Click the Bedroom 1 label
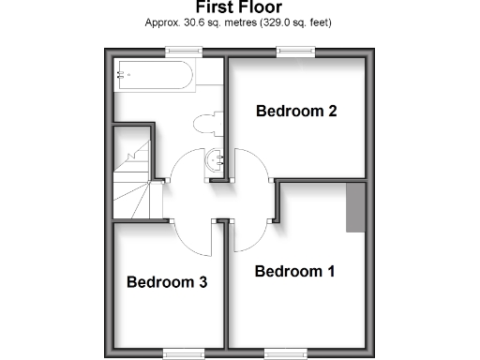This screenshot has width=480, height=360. [294, 272]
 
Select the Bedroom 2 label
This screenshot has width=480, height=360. [296, 111]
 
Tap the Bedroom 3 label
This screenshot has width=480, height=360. [167, 281]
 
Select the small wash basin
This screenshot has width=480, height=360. [218, 160]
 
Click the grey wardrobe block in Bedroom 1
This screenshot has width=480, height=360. [355, 207]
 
